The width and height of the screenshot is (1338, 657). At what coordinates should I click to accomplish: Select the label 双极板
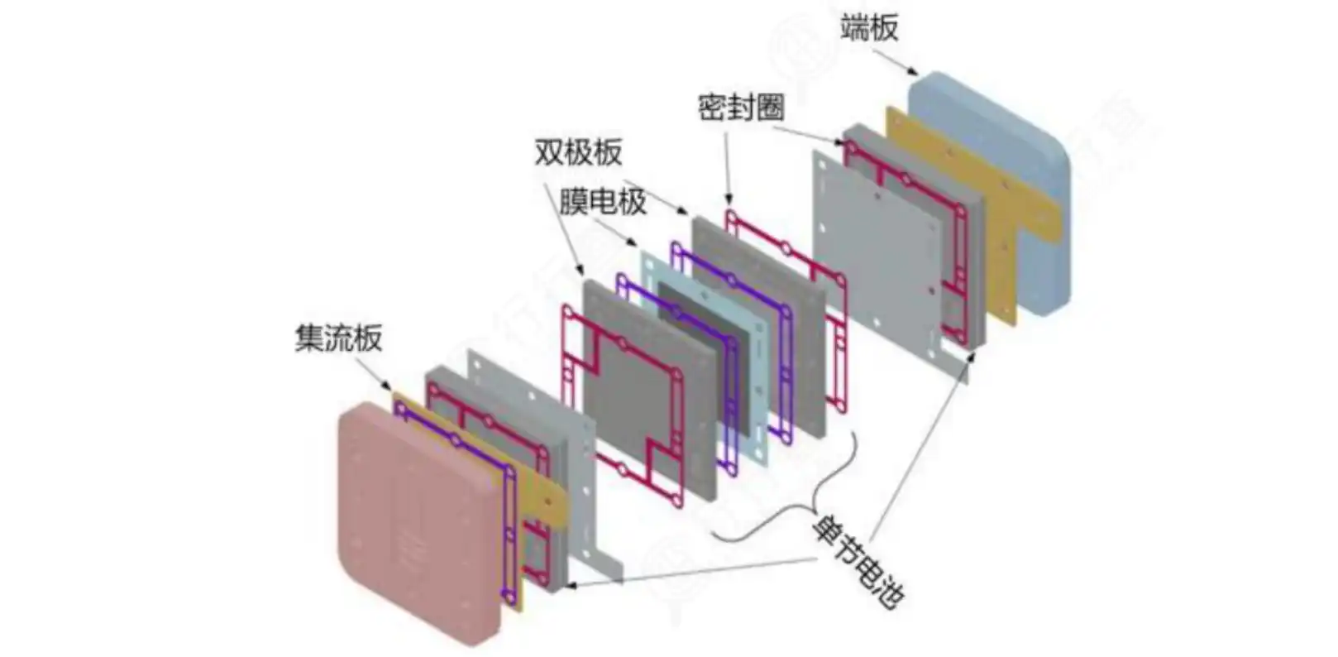coord(578,151)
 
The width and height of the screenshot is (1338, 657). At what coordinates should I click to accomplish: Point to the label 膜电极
coord(602,201)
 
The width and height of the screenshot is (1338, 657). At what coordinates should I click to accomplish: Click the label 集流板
coord(338,338)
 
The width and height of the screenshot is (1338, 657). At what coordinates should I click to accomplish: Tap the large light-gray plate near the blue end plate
coord(877,248)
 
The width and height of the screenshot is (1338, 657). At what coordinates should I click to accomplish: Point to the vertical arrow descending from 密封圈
coord(727,165)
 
